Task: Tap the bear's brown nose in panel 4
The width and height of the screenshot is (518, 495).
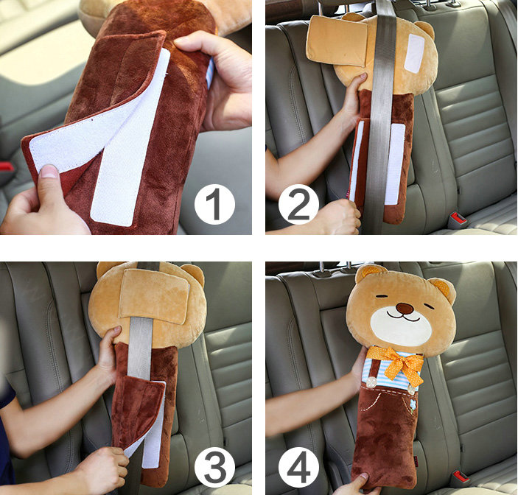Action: pyautogui.click(x=404, y=308)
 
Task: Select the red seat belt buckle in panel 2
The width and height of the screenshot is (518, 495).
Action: pyautogui.click(x=457, y=219)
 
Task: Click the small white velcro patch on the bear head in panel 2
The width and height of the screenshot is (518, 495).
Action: pyautogui.click(x=413, y=53)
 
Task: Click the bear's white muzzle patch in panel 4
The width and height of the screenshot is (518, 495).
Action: pyautogui.click(x=402, y=324)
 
